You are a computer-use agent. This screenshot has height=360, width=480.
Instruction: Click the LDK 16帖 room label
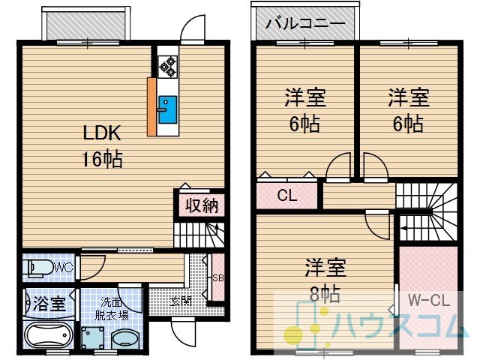(x=102, y=146)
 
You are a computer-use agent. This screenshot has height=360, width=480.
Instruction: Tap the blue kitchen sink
(x=167, y=109)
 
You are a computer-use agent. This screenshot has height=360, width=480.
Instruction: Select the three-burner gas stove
(x=167, y=67)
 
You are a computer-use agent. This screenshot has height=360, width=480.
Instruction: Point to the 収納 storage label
(x=202, y=205)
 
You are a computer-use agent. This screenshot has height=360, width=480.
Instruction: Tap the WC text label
(x=64, y=268)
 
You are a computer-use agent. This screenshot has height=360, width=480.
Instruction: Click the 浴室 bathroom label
(x=49, y=303)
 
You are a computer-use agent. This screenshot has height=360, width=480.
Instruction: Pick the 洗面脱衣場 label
(x=112, y=308)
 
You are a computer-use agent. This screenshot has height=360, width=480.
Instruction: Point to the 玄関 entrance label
(x=181, y=301)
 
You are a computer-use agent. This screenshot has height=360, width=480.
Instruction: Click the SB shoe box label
(x=218, y=278)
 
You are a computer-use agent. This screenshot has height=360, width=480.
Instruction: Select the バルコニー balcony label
(x=305, y=23)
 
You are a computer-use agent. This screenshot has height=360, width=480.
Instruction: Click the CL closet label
(x=286, y=195)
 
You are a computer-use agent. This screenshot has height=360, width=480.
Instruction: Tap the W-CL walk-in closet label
(x=429, y=300)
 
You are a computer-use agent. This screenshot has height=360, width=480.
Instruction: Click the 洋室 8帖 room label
(x=325, y=280)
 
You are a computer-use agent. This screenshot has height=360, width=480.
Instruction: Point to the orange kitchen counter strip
(x=151, y=106)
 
